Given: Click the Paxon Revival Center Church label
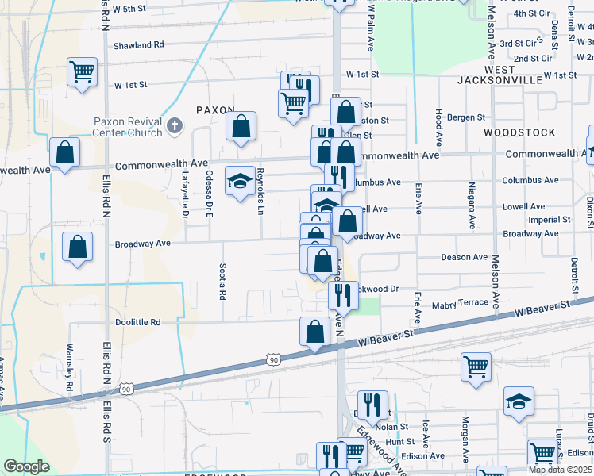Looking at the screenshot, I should tap(128, 128).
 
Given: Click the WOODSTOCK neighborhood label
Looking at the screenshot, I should tap(519, 132).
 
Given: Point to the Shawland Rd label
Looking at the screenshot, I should tap(138, 45).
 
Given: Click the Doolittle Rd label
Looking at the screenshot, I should tap(138, 322).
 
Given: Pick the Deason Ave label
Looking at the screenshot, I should tap(465, 257).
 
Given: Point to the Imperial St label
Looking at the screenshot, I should tap(550, 219).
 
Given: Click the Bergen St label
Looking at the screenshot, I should tap(465, 117).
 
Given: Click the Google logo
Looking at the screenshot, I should tap(26, 466).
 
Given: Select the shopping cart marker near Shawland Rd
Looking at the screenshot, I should tap(83, 72).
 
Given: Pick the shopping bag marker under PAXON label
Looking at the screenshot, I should tap(241, 126).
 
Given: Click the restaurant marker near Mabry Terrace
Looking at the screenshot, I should tap(344, 295).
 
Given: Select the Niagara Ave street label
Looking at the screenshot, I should tap(472, 208).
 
